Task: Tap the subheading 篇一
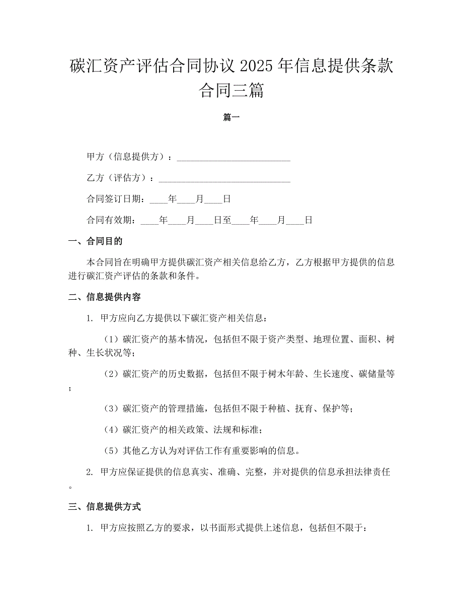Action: point(231,117)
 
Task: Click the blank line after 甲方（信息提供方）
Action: point(234,157)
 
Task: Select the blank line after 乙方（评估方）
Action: point(224,178)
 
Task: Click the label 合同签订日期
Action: point(115,199)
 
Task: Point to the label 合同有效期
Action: point(111,220)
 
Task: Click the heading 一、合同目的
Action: point(95,241)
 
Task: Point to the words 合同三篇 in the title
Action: point(231,91)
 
